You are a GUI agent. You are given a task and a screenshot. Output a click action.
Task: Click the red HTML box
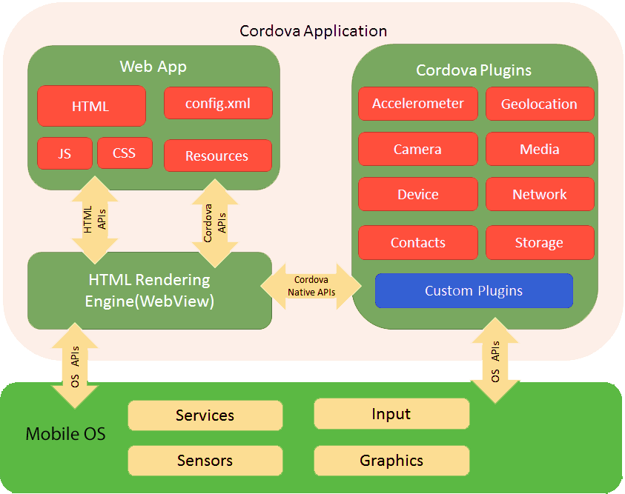91,106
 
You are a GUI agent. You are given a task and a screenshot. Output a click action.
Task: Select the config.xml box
218,104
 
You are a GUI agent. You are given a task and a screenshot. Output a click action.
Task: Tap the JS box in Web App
65,153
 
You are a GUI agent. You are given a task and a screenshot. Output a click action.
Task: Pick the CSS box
125,153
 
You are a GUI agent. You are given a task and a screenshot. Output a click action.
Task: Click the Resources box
217,156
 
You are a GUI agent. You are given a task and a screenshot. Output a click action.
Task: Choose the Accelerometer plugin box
418,104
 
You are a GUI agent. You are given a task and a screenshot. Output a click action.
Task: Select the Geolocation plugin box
540,104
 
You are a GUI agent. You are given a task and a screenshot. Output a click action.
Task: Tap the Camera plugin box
418,149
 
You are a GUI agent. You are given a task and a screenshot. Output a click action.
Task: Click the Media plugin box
540,149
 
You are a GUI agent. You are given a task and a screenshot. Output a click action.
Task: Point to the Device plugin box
418,194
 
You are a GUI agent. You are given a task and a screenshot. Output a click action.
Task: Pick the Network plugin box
540,194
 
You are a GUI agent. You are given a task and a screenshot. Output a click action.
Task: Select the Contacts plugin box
418,242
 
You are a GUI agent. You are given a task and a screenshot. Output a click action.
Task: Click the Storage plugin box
540,242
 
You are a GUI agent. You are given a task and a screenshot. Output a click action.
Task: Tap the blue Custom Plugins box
474,291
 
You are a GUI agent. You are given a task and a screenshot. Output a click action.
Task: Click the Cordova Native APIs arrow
311,286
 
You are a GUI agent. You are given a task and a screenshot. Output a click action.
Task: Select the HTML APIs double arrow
94,219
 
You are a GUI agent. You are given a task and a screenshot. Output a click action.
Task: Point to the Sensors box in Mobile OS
205,460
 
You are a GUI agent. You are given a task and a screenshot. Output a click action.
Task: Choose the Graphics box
391,460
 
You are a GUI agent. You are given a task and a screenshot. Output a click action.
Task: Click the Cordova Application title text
313,31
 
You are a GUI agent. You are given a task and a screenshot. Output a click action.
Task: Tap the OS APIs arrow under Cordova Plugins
495,361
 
